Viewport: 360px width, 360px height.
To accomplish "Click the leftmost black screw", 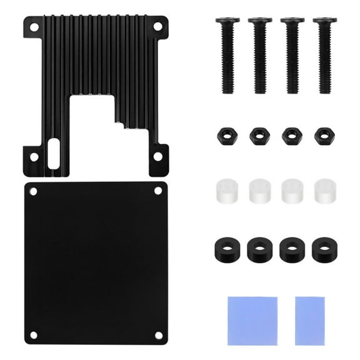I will pos(228,56).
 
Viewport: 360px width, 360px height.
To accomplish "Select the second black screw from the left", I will pos(260,56).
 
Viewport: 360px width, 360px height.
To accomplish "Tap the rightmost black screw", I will pos(325,56).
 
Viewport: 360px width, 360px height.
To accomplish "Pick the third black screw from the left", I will pos(292,56).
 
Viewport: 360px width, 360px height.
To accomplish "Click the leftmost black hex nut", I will pos(226,136).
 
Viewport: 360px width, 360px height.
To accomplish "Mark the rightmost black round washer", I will pos(323,249).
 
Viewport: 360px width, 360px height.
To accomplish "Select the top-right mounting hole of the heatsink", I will pos(157,26).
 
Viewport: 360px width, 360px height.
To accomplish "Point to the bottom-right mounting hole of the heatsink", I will pos(158,156).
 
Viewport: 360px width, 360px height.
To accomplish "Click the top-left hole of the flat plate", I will pos(34,191).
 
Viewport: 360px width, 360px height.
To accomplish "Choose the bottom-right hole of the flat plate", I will pos(158,335).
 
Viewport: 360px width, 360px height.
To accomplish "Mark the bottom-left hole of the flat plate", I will pos(34,335).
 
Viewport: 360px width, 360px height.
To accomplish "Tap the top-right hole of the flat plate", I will pos(158,191).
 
